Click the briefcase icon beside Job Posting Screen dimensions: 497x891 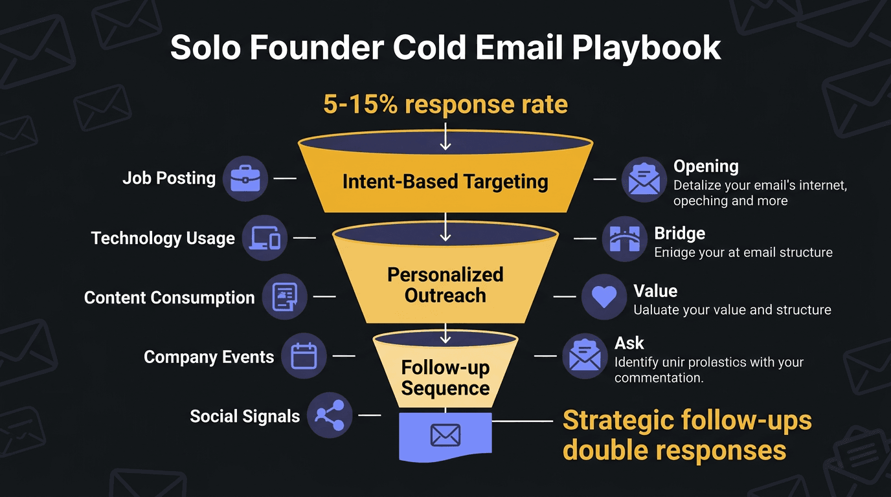click(245, 179)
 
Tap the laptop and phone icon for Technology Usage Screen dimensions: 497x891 click(264, 238)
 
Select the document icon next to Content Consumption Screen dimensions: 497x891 click(284, 297)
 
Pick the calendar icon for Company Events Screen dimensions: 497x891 click(303, 357)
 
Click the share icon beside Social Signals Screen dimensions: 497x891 click(329, 415)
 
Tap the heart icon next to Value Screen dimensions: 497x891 click(603, 296)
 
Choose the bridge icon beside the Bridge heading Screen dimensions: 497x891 click(624, 239)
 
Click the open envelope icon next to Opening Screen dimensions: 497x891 click(644, 179)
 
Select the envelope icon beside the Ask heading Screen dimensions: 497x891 click(584, 356)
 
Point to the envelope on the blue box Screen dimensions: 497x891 click(445, 436)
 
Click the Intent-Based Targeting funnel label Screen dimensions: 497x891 click(445, 182)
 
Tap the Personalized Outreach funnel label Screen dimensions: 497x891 click(445, 285)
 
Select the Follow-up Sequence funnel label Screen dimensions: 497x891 click(445, 378)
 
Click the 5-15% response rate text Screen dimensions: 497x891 click(445, 104)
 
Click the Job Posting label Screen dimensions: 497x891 click(169, 179)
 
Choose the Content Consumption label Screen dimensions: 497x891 click(169, 298)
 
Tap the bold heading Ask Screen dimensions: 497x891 click(629, 343)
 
